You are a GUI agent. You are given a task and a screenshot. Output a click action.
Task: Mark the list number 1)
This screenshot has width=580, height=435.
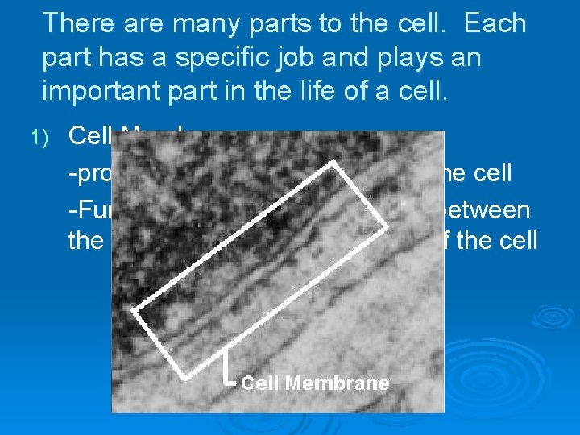pos(40,138)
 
